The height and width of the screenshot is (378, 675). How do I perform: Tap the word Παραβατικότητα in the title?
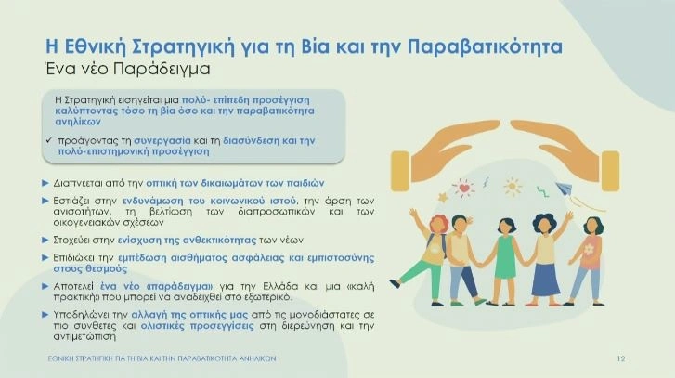[x=485, y=47]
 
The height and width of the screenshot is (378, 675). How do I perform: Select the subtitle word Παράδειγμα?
[x=162, y=69]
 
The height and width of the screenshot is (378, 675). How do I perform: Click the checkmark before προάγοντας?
[x=48, y=140]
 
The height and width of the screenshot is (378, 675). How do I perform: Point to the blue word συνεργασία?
[x=162, y=141]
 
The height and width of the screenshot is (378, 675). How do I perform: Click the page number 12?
[x=621, y=358]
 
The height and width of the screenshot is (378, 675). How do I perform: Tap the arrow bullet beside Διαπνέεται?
[x=45, y=183]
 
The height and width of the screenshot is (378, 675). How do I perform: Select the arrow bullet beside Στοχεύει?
[x=45, y=240]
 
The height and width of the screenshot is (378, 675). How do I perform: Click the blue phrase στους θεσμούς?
[x=90, y=268]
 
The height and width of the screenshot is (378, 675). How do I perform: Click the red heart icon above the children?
[x=463, y=189]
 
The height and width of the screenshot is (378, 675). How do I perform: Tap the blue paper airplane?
[x=564, y=189]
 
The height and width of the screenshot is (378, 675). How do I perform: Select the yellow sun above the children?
[x=512, y=187]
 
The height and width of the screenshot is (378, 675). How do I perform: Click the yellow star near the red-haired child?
[x=443, y=198]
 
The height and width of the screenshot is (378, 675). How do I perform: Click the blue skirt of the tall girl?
[x=545, y=279]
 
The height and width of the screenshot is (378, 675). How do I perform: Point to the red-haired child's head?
[x=438, y=225]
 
